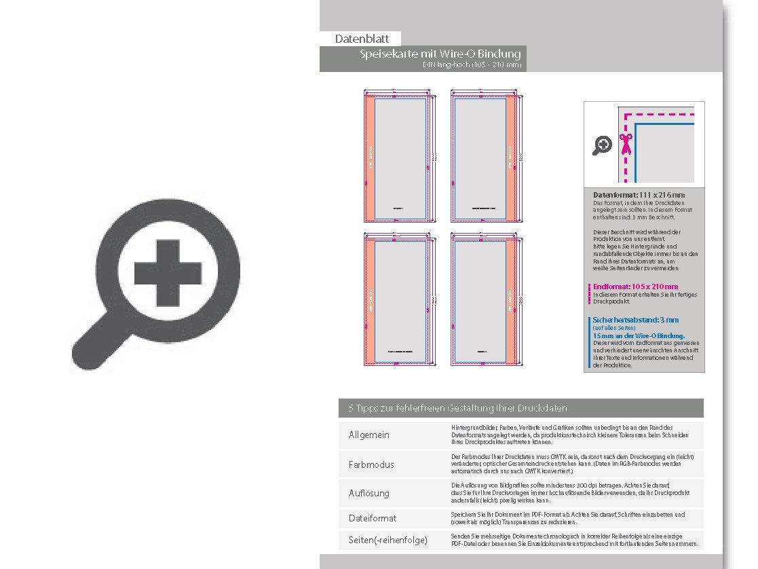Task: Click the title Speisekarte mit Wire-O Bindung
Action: [440, 54]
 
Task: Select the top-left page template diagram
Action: [398, 156]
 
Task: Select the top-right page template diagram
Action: [483, 156]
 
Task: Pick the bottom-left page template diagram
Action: [398, 299]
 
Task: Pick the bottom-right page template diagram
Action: [483, 299]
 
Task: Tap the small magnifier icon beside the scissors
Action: [602, 145]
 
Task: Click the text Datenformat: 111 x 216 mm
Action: [639, 196]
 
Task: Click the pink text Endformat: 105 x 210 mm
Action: [635, 287]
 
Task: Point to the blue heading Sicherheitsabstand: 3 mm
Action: [635, 320]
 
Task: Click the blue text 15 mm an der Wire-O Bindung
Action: [639, 335]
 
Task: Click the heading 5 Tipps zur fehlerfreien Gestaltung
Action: [458, 408]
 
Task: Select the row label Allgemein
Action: [369, 435]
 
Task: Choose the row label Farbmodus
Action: [371, 464]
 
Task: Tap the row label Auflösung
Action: [369, 493]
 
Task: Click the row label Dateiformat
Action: [373, 518]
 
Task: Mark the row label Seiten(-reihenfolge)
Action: [388, 540]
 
